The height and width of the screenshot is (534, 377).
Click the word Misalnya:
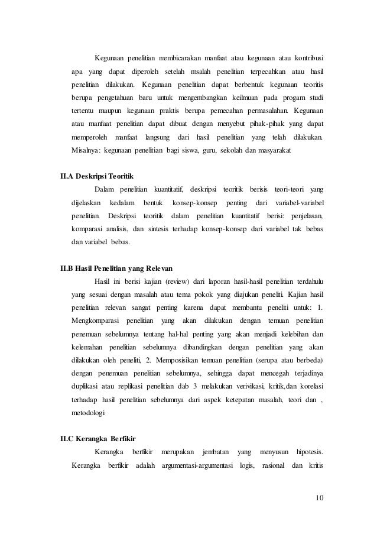click(x=86, y=150)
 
